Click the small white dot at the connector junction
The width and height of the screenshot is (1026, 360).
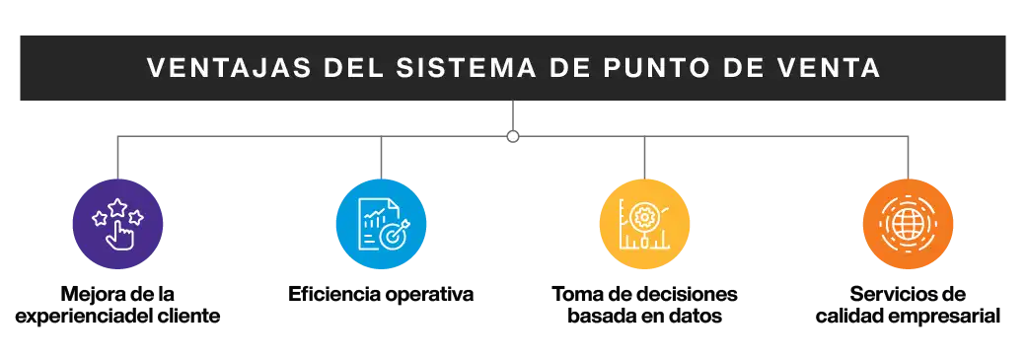(x=513, y=136)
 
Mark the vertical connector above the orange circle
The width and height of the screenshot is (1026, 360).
(x=907, y=160)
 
